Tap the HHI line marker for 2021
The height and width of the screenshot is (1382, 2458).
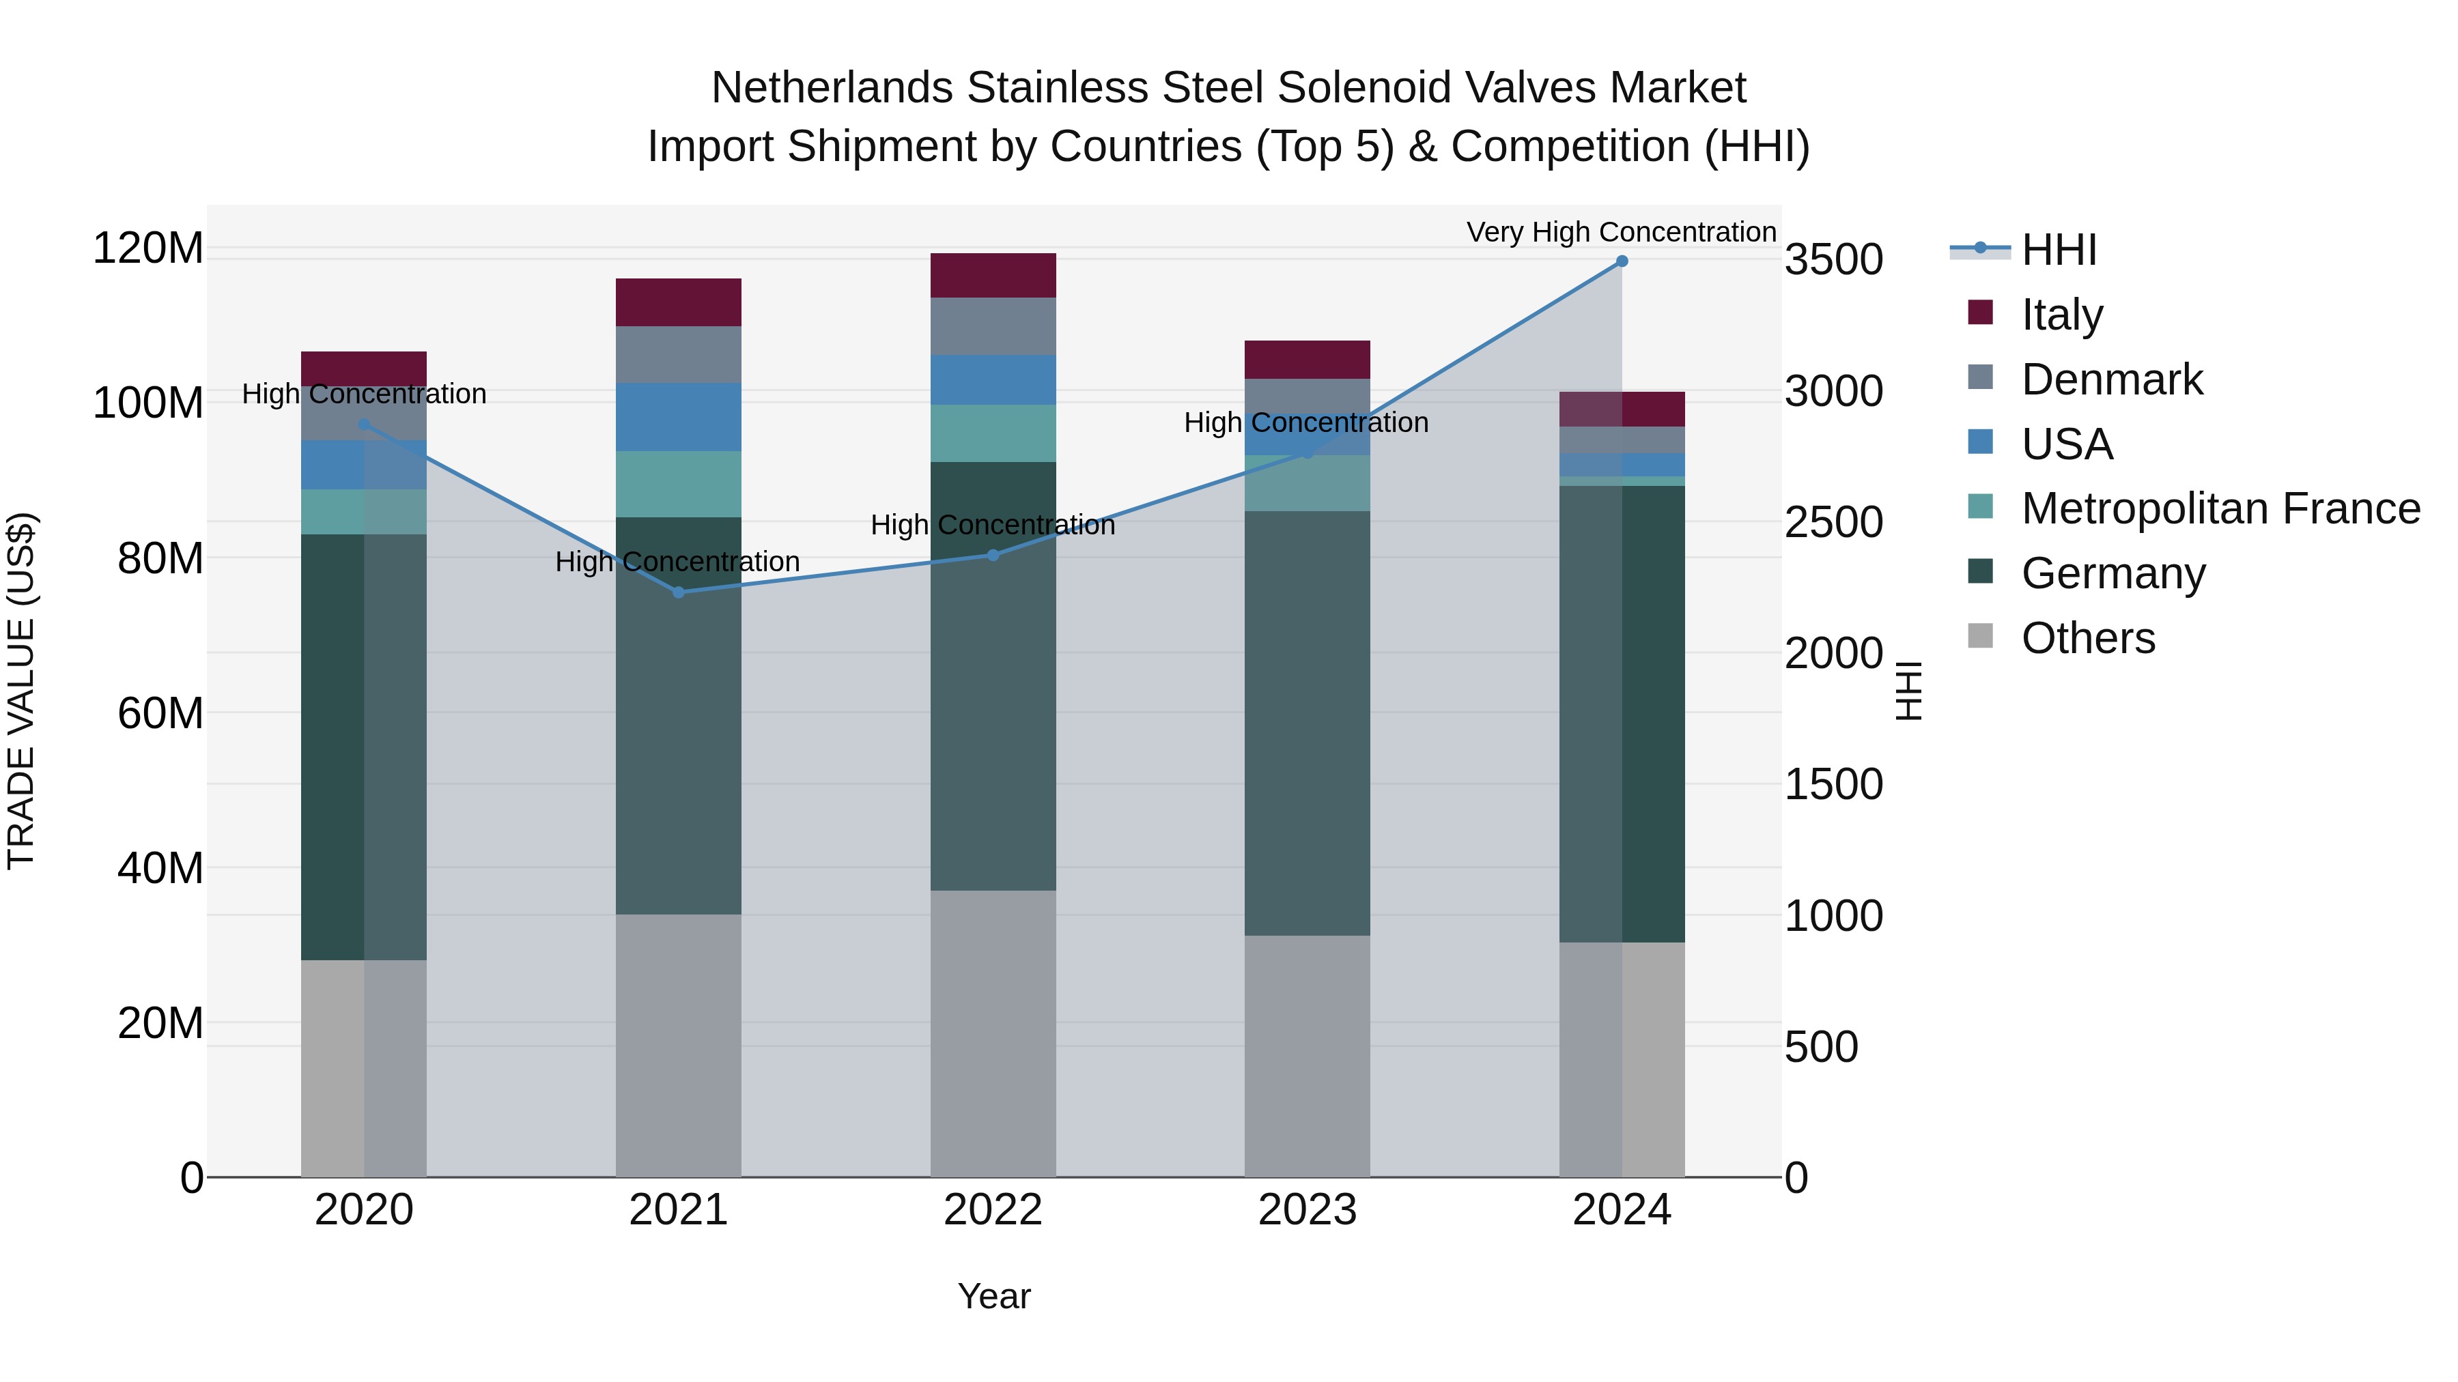point(679,592)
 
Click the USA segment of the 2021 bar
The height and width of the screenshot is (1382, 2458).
point(679,417)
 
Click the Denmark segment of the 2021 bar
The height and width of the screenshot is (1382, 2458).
point(679,355)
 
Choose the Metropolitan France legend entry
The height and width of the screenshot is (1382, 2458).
point(2220,509)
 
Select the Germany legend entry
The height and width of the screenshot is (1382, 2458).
point(2113,574)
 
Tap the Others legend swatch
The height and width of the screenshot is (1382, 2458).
point(1980,636)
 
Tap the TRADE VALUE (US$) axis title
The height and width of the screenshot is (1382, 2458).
point(21,691)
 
